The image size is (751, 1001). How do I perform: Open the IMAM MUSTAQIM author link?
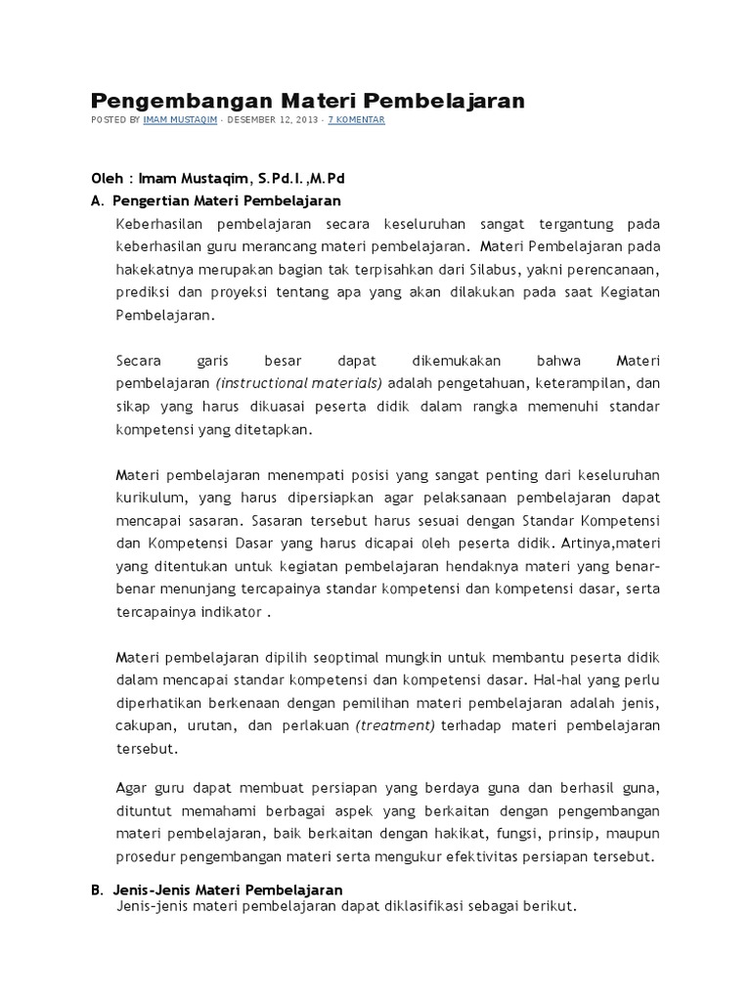point(180,120)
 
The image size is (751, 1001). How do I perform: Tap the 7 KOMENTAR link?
point(356,120)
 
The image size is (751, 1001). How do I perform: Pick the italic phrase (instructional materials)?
point(299,382)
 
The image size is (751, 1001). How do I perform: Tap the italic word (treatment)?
point(395,725)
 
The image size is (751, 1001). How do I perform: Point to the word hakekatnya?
point(155,269)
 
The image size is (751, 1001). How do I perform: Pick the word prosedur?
point(145,857)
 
